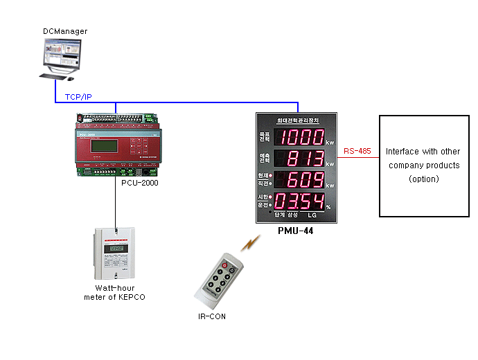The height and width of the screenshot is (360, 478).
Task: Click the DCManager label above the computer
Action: (65, 31)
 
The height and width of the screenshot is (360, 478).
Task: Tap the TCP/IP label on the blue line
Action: (78, 96)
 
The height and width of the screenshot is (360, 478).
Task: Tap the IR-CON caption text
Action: (211, 316)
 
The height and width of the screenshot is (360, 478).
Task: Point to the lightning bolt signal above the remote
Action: (251, 242)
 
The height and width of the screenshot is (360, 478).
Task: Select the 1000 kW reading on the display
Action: (301, 137)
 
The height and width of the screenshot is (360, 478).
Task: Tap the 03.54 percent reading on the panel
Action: (301, 202)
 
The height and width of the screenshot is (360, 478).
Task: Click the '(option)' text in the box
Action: (423, 179)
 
